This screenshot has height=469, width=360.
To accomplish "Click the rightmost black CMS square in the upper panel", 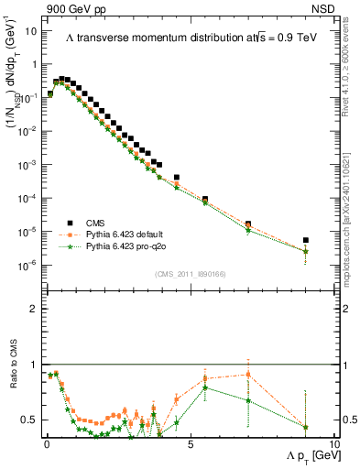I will click(305, 241).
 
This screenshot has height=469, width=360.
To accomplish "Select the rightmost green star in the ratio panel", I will click(305, 427).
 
